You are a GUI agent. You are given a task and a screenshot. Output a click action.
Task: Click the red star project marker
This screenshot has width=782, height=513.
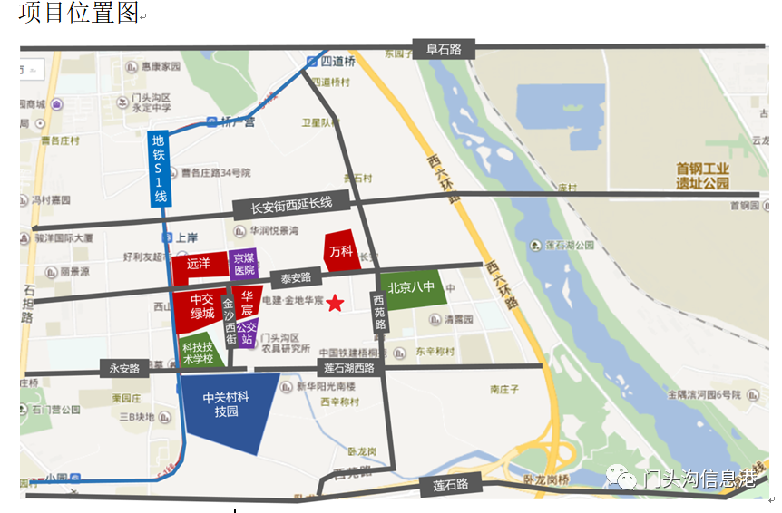(x=336, y=303)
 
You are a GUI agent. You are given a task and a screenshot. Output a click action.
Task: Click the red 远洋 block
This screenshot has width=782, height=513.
(x=200, y=265)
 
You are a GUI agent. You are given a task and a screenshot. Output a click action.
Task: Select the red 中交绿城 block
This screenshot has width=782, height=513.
(x=201, y=305)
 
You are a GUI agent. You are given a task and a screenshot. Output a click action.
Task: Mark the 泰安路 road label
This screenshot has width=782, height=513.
(x=296, y=278)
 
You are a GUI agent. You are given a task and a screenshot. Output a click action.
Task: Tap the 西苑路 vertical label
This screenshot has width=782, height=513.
(x=380, y=311)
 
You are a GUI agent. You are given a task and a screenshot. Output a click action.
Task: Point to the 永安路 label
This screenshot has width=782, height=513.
(x=124, y=369)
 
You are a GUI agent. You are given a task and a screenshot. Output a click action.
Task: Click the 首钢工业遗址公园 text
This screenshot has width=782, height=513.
(x=702, y=175)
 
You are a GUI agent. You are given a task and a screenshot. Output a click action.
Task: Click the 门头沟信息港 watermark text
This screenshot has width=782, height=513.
(x=699, y=479)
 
